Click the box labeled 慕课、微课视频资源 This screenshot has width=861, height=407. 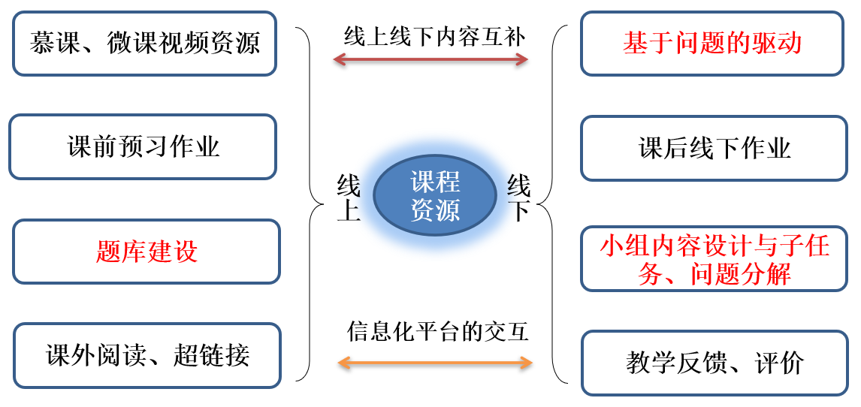(x=144, y=43)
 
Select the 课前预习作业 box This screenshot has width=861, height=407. (x=143, y=146)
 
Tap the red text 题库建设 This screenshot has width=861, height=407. (x=147, y=252)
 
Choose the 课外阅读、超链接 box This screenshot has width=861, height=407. (x=147, y=355)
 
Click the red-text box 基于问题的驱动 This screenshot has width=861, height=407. (x=712, y=43)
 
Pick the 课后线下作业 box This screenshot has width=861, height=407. (x=714, y=148)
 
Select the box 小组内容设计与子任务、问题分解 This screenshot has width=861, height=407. (x=714, y=259)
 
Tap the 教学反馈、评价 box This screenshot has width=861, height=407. (x=714, y=363)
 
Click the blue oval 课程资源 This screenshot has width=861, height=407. (x=435, y=196)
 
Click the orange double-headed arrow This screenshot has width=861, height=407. (x=435, y=363)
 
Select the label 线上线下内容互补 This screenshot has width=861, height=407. (x=435, y=35)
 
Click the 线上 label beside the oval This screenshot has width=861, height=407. (x=349, y=197)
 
